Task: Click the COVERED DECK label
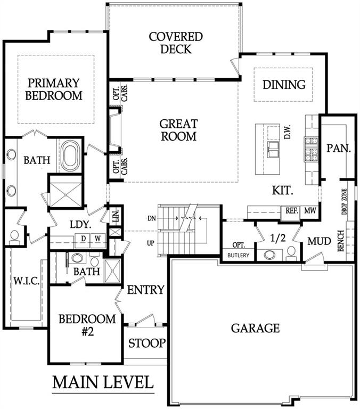point(175,43)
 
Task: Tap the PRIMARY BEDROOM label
point(54,89)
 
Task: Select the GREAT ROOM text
point(178,130)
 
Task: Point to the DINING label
point(284,85)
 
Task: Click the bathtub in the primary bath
point(70,155)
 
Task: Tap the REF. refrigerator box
point(291,211)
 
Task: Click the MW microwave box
point(310,211)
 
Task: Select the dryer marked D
point(84,238)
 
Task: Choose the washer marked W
point(98,238)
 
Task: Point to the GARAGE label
point(255,328)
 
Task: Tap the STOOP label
point(147,343)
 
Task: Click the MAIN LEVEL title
point(103,382)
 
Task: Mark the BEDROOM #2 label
point(87,324)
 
